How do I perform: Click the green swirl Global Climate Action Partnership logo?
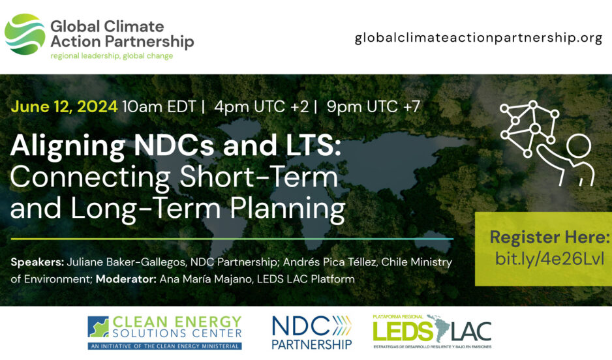click(x=25, y=35)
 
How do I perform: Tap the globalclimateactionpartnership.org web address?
click(x=478, y=38)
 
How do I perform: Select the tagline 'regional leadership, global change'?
click(x=112, y=56)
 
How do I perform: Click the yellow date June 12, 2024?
click(x=64, y=106)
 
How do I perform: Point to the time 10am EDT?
click(x=159, y=106)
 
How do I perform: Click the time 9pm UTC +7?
click(x=373, y=106)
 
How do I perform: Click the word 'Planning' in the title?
click(x=287, y=210)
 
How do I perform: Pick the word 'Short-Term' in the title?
click(x=258, y=177)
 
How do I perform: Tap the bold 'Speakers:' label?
click(x=37, y=262)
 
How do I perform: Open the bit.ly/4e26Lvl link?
click(x=549, y=259)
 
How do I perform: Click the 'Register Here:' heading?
click(x=549, y=237)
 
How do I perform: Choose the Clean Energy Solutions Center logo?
click(x=164, y=333)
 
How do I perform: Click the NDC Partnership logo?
click(x=312, y=333)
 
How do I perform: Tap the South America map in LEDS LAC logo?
click(x=442, y=329)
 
